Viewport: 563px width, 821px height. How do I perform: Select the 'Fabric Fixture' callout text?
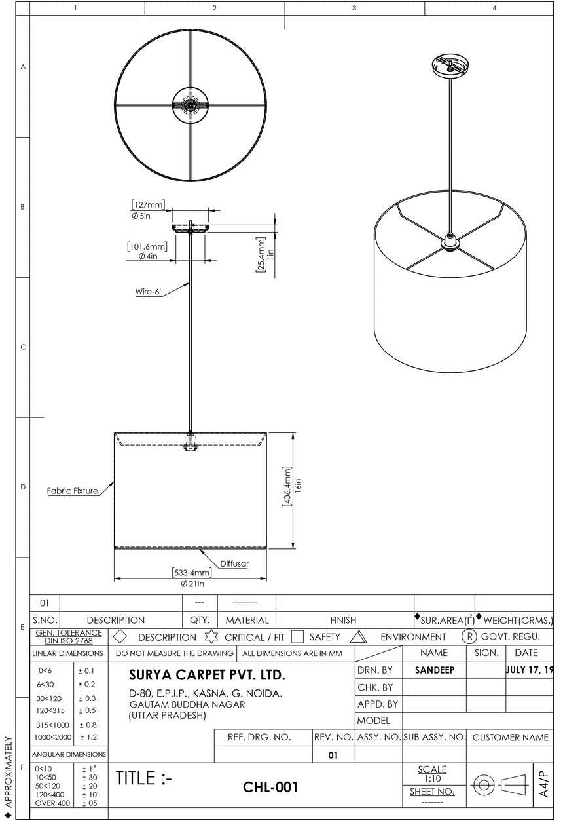click(x=72, y=491)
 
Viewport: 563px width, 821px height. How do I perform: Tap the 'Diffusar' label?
click(x=234, y=563)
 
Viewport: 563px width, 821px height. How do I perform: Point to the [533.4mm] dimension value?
click(x=192, y=573)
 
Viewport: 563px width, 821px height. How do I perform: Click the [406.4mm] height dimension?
click(x=286, y=490)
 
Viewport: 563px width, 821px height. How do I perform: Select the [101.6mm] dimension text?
click(x=147, y=246)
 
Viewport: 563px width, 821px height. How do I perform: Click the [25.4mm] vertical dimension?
click(x=260, y=254)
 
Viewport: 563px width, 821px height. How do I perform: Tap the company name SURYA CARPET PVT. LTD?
click(x=207, y=675)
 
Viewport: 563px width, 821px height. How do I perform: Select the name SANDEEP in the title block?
click(x=434, y=670)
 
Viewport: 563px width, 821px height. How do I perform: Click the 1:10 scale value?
click(x=432, y=779)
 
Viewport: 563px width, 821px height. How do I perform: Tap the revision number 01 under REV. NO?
click(x=333, y=755)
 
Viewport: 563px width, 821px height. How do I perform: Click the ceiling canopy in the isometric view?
click(x=451, y=65)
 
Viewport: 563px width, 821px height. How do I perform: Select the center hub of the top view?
click(x=191, y=105)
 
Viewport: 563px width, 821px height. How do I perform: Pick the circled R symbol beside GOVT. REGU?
click(x=469, y=636)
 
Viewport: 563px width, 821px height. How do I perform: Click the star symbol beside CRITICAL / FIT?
click(x=210, y=636)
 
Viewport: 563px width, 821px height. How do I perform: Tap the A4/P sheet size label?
click(x=544, y=783)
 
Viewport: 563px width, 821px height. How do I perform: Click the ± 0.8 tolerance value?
click(x=87, y=725)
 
